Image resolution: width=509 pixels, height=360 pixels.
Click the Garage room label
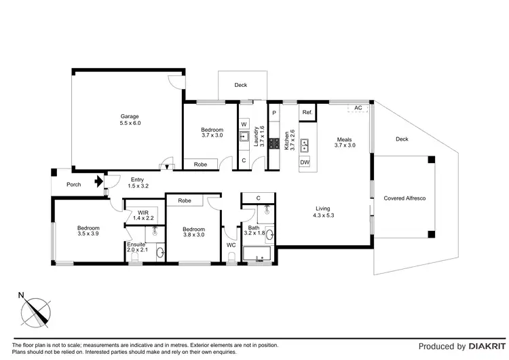click(130, 120)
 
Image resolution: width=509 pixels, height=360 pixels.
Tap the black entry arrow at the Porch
click(99, 181)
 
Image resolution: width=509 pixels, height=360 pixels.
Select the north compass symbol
click(35, 311)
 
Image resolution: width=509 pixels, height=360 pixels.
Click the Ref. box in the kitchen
click(307, 112)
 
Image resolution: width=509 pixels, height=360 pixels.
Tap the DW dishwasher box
click(305, 163)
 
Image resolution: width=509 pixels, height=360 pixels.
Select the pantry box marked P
click(274, 112)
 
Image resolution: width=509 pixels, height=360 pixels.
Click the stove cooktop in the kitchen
click(274, 143)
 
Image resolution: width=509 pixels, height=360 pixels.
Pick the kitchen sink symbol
click(305, 143)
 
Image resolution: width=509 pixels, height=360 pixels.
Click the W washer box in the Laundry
click(244, 124)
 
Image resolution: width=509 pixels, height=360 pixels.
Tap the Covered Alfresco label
click(404, 198)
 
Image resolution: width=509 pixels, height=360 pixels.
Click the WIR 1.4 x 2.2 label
click(143, 215)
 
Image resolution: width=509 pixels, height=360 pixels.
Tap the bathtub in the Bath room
click(256, 255)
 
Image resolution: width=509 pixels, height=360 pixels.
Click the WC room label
click(231, 245)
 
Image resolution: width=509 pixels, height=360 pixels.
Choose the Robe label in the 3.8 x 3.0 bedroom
click(184, 201)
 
